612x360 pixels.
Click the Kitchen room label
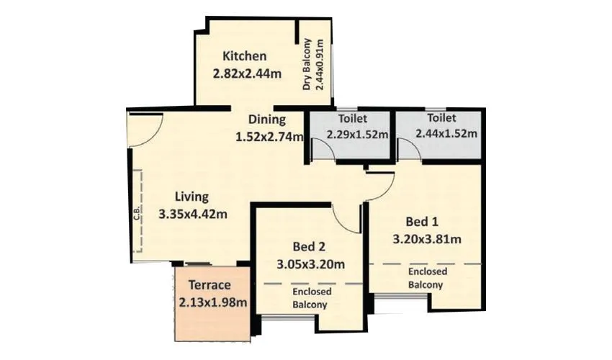245,56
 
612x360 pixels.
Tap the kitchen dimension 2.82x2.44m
246,73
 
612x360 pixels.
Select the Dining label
267,120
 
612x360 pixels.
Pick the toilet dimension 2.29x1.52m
357,134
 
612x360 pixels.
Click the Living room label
193,196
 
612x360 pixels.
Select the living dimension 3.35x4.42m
193,213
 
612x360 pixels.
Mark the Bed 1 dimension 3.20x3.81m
427,238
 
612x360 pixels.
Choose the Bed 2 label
309,246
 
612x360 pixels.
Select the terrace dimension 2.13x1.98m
213,302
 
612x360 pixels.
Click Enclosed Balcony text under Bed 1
427,278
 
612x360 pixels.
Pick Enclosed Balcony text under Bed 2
312,298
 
